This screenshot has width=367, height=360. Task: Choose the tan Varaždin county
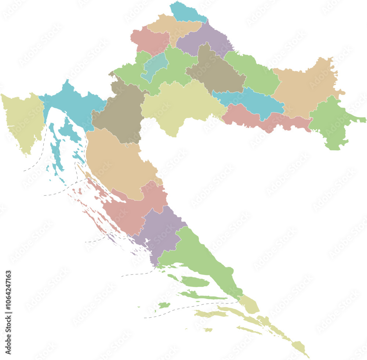pos(172,26)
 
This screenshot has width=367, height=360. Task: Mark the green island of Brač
pos(195,282)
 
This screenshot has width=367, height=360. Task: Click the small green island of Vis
pos(164,305)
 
